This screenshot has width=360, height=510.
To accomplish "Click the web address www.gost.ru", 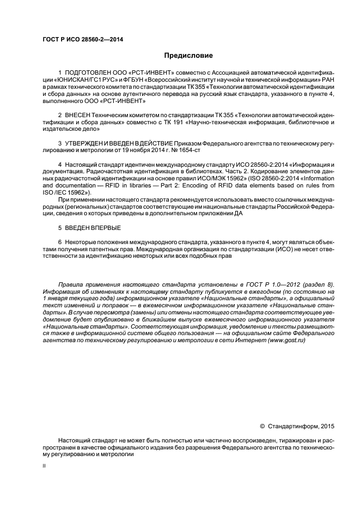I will [x=286, y=340].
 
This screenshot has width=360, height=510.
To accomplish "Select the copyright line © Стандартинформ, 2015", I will [x=298, y=426].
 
